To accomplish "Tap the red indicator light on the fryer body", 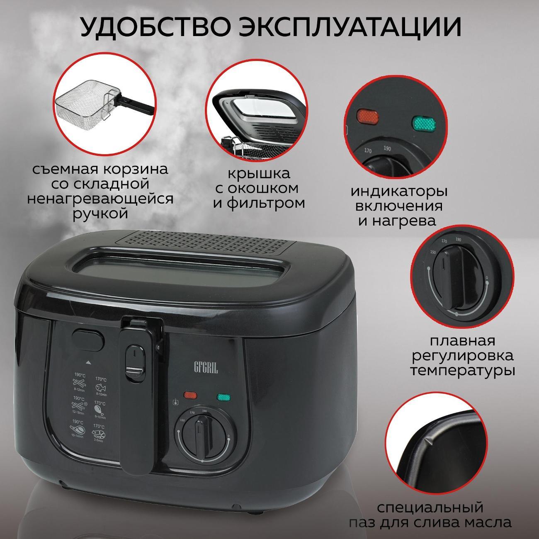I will (190, 395).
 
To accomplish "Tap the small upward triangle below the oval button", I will (88, 362).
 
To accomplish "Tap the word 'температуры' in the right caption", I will (463, 369).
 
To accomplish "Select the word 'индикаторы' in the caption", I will (399, 192).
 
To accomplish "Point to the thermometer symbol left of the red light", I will (176, 402).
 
